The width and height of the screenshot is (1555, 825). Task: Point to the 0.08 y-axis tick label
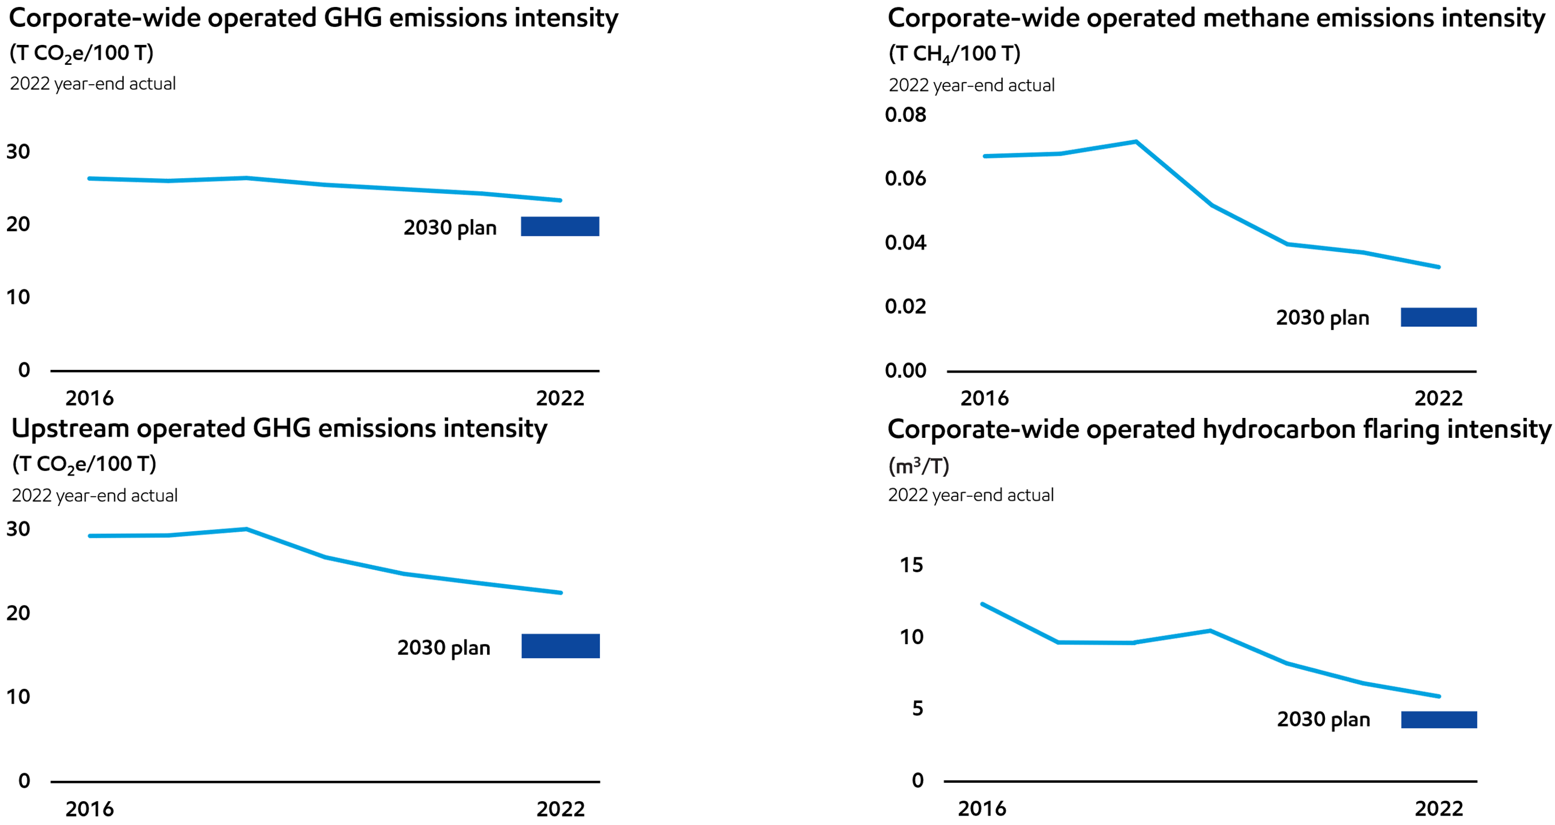[x=905, y=114]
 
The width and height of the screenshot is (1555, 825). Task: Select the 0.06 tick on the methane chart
[x=905, y=179]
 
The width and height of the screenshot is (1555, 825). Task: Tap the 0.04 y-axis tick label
[x=905, y=242]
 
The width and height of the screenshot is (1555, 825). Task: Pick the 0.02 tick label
[x=905, y=307]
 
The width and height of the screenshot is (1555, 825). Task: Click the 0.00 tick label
[x=905, y=370]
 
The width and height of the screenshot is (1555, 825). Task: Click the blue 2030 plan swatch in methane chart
[x=1438, y=317]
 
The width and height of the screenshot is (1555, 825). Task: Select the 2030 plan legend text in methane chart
[x=1322, y=317]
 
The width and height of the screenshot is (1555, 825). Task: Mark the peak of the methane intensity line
[x=1136, y=142]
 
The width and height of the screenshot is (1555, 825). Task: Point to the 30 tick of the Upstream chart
[x=18, y=529]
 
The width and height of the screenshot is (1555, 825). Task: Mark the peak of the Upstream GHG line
[x=245, y=529]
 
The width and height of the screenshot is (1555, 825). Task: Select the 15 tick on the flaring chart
[x=911, y=565]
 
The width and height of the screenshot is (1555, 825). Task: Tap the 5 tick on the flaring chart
[x=917, y=708]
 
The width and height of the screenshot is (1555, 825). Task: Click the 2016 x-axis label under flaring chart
[x=982, y=808]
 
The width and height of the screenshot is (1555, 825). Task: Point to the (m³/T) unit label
[x=918, y=465]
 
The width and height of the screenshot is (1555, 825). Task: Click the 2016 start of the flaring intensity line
[x=982, y=604]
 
